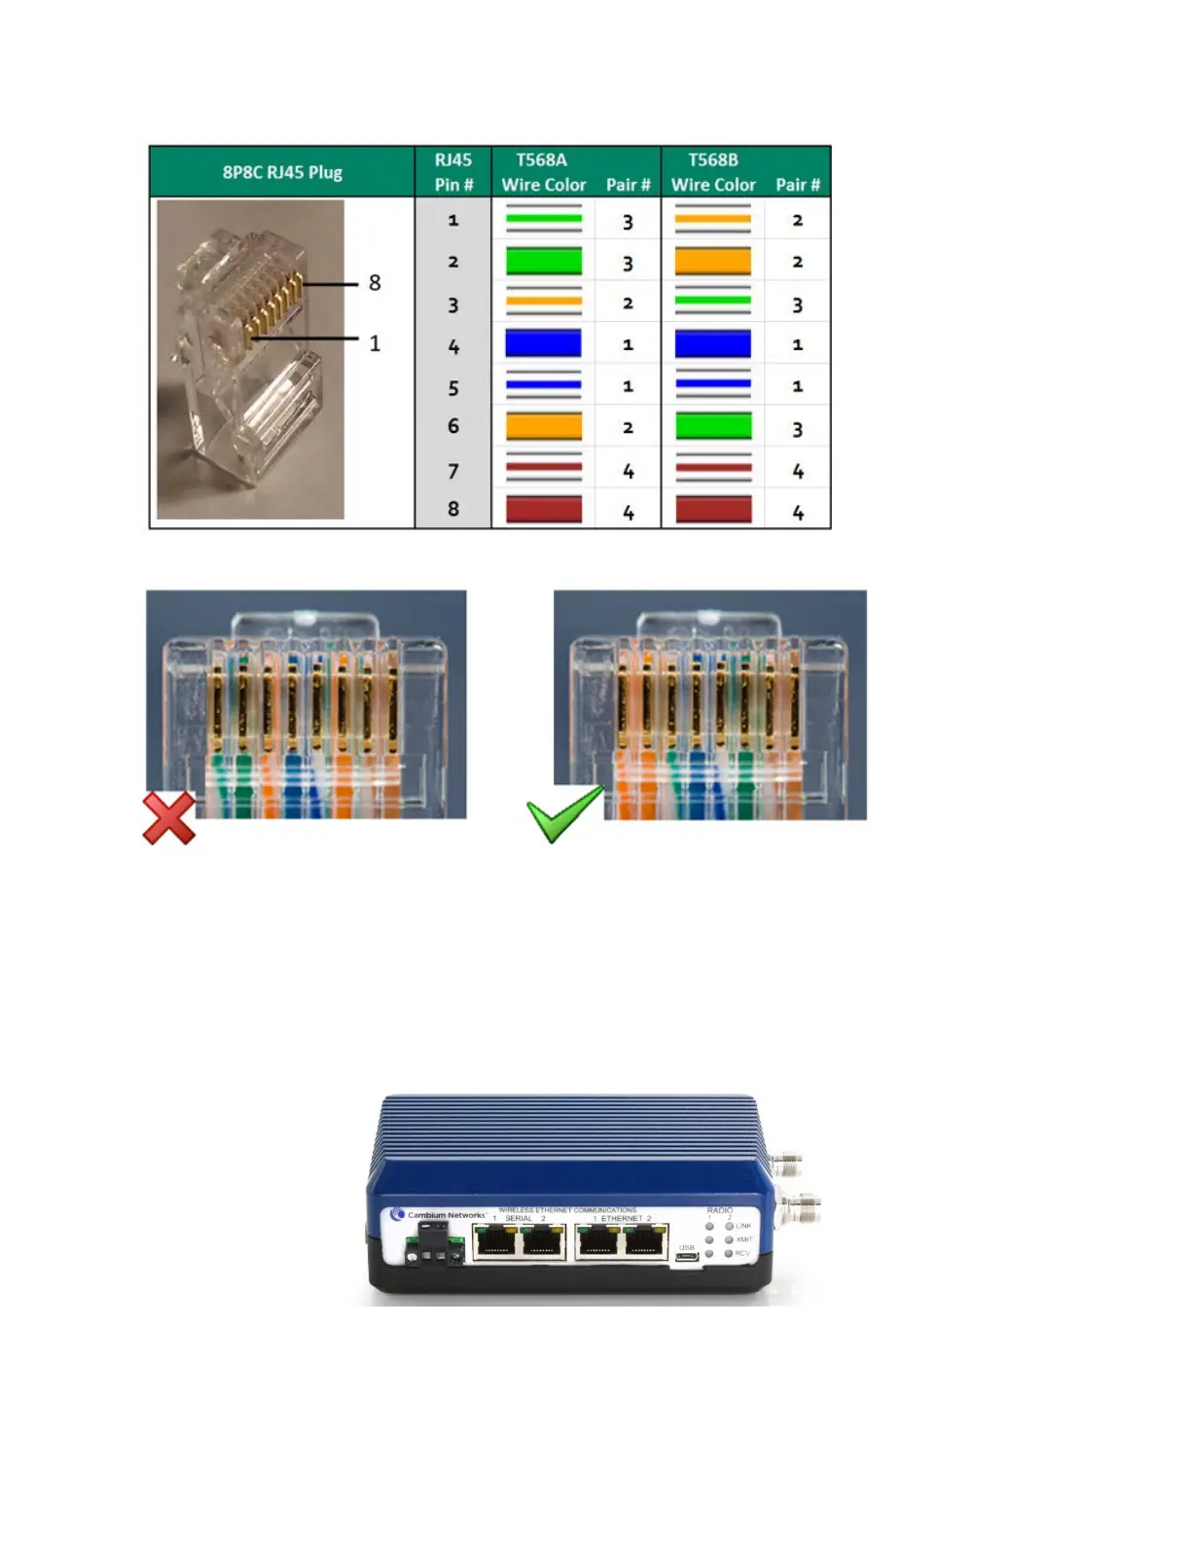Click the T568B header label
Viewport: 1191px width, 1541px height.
[x=712, y=160]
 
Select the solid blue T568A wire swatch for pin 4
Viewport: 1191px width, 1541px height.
[x=543, y=343]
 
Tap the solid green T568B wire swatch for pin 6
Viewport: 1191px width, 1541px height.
[x=712, y=426]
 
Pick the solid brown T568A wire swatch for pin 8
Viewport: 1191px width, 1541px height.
[x=543, y=509]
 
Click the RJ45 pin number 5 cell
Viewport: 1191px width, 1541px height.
[x=453, y=388]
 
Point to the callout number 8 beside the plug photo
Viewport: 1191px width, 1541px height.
[x=375, y=283]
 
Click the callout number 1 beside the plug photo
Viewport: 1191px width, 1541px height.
[x=375, y=343]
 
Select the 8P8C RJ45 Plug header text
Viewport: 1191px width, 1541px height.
[x=282, y=172]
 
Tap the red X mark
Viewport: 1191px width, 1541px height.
[x=169, y=818]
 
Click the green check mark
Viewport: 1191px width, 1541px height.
[x=564, y=814]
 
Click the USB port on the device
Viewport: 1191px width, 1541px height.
[x=687, y=1257]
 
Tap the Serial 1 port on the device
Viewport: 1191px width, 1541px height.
[x=495, y=1242]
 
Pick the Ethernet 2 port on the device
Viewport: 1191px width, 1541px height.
[x=645, y=1242]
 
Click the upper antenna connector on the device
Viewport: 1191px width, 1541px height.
[x=787, y=1162]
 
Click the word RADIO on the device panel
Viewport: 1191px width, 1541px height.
[x=720, y=1210]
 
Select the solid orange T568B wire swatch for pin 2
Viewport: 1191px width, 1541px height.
[x=712, y=261]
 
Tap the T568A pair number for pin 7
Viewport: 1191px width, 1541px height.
[x=628, y=471]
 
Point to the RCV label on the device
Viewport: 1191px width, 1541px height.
[x=743, y=1253]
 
